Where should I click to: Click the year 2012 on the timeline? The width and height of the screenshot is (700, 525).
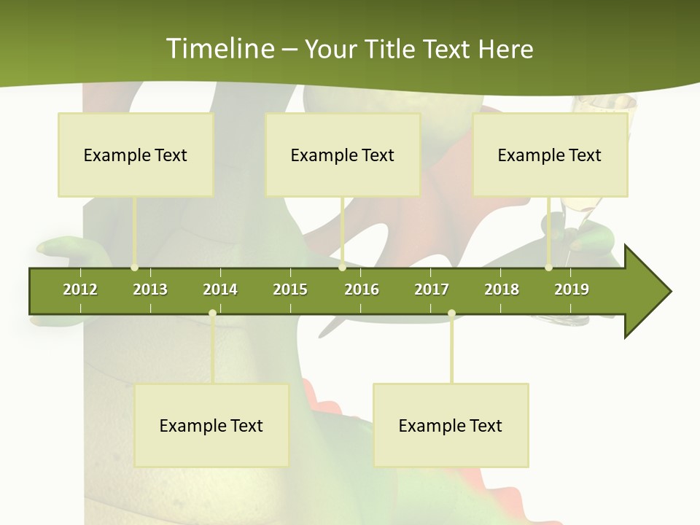[80, 289]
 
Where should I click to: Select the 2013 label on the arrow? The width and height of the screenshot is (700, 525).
[150, 289]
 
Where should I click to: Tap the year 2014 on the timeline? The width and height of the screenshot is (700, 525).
[220, 289]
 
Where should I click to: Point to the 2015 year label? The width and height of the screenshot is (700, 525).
[290, 289]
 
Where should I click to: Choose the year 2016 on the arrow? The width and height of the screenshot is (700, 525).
[362, 289]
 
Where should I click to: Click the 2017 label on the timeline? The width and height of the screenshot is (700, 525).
[432, 289]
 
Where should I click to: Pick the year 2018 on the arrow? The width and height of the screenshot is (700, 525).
[502, 289]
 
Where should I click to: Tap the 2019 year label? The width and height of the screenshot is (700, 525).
[572, 289]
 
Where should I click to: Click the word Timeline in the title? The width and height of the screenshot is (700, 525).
[219, 49]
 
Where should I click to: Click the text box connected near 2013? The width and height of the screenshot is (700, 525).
[136, 155]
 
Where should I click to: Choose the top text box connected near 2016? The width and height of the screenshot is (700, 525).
[343, 155]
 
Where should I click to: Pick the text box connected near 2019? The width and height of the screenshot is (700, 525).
[550, 155]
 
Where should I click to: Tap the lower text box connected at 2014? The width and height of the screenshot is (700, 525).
[211, 425]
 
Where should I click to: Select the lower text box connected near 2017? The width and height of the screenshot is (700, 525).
[451, 425]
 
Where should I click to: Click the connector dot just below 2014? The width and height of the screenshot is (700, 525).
[212, 314]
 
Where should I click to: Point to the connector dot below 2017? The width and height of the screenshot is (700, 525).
[451, 314]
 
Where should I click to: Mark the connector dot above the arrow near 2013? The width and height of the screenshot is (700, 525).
[134, 268]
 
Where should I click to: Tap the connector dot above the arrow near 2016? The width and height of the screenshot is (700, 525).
[342, 268]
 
